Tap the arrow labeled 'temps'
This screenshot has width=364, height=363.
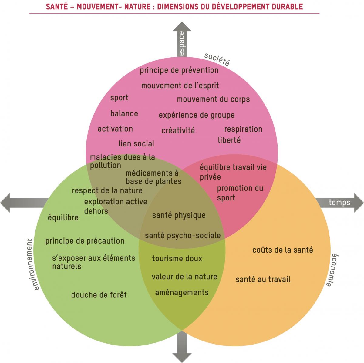[x=340, y=202]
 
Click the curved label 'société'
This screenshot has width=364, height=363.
[x=217, y=59]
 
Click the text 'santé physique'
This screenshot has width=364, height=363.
[x=179, y=215]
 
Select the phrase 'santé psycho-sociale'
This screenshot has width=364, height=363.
[x=183, y=235]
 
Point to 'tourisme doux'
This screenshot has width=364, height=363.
[x=177, y=259]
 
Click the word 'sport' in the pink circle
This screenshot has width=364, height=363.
[x=119, y=98]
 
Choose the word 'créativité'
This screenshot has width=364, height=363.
[x=178, y=131]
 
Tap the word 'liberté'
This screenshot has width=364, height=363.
[x=229, y=140]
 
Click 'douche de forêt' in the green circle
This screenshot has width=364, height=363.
[x=99, y=295]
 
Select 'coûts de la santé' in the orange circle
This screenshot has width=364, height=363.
[x=282, y=250]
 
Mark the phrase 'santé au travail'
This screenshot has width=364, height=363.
[x=263, y=279]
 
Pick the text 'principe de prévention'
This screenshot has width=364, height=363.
[x=179, y=70]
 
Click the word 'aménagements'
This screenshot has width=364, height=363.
[x=182, y=293]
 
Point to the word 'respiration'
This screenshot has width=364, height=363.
[x=243, y=129]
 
